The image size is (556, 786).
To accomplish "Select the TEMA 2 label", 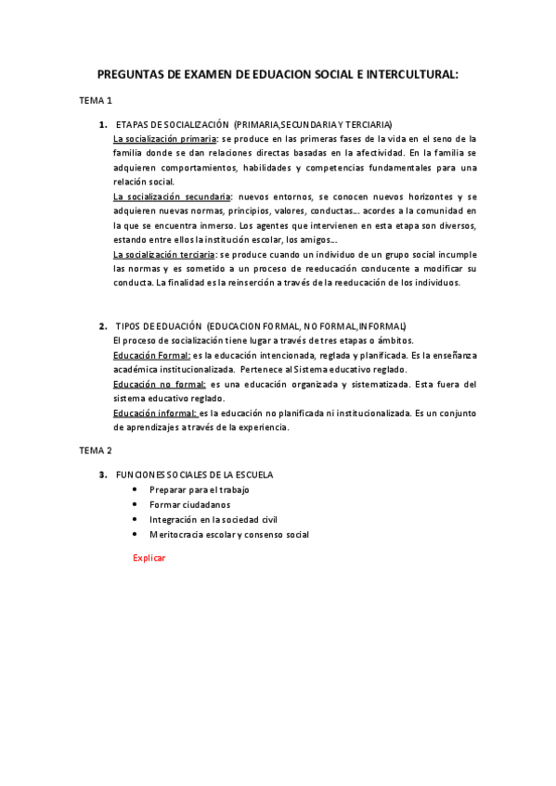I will click(x=95, y=450).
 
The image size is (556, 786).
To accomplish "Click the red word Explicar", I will click(x=149, y=557).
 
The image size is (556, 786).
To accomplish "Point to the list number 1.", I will click(x=102, y=124).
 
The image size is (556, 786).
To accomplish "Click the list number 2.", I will click(x=102, y=326).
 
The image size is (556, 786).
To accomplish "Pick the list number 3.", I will click(x=102, y=475).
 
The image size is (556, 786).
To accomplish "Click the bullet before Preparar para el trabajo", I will click(x=136, y=489).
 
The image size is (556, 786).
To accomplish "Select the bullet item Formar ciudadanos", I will click(x=189, y=504).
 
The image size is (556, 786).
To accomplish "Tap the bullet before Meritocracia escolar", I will click(x=136, y=534).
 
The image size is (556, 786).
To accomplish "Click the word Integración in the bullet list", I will click(x=175, y=519).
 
